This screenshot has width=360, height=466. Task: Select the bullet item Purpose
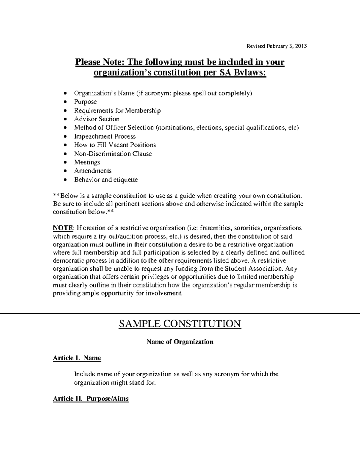click(85, 102)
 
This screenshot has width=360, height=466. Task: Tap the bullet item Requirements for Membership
click(117, 111)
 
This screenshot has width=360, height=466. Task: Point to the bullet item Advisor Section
click(97, 119)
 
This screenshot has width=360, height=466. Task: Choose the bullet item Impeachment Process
click(105, 137)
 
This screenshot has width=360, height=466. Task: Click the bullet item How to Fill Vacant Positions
click(115, 145)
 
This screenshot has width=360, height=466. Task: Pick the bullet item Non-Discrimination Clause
click(113, 154)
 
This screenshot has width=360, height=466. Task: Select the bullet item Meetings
click(87, 162)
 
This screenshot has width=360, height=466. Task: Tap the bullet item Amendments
click(93, 171)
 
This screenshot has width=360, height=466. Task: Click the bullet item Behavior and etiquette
click(106, 180)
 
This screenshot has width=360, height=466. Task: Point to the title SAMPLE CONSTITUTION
click(180, 324)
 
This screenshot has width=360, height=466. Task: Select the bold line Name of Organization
click(180, 342)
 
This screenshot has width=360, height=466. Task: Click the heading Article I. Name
click(77, 358)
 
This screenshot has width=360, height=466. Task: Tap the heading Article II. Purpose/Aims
click(91, 399)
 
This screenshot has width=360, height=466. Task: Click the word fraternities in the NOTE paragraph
click(216, 228)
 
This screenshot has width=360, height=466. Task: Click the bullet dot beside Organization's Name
click(66, 94)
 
